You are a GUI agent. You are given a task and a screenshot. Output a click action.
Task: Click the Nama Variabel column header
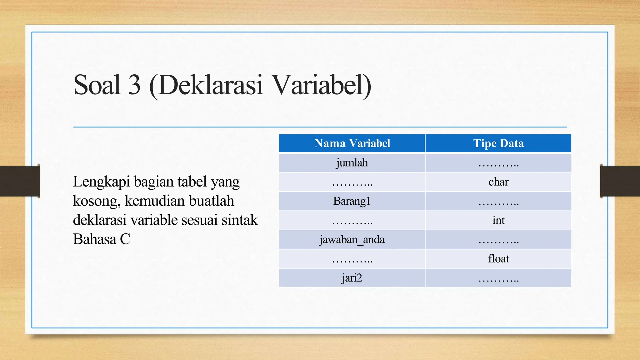(x=352, y=143)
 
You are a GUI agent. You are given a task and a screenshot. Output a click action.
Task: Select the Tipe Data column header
(x=498, y=143)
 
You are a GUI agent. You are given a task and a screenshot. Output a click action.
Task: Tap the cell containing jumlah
(x=352, y=163)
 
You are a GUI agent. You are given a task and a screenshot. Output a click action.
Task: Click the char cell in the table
(x=498, y=182)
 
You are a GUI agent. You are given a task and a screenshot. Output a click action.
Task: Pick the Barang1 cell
(x=352, y=201)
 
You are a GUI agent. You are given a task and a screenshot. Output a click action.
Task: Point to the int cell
(x=498, y=220)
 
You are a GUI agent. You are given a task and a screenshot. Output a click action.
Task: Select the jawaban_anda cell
(x=352, y=240)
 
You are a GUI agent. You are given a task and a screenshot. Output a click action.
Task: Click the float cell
(x=498, y=259)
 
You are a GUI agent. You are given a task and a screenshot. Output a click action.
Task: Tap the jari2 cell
(x=352, y=278)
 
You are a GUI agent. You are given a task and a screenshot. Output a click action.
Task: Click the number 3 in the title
(x=134, y=85)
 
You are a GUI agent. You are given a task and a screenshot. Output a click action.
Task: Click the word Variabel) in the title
(x=322, y=85)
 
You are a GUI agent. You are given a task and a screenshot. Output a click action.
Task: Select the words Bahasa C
(x=101, y=239)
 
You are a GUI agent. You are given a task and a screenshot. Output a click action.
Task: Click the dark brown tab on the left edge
(x=20, y=181)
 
